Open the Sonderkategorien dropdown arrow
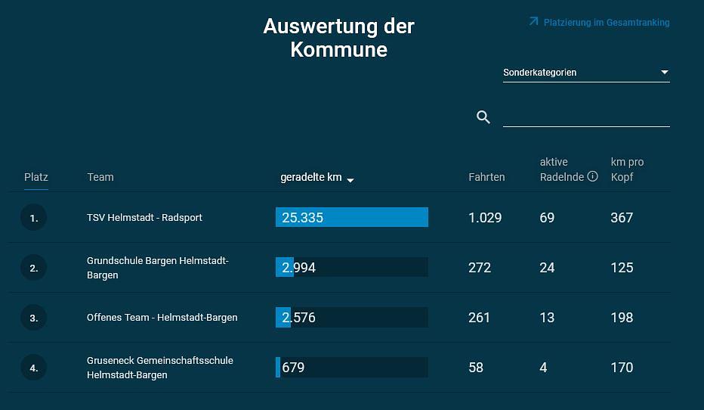click(665, 73)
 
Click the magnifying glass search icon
click(483, 117)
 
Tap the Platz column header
click(36, 177)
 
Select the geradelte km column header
click(311, 177)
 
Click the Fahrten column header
click(486, 177)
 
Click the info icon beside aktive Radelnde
click(592, 177)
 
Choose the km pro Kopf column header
click(627, 169)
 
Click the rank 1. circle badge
click(33, 218)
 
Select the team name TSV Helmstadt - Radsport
click(144, 218)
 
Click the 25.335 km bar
click(352, 218)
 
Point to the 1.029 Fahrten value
click(485, 218)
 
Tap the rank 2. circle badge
click(33, 268)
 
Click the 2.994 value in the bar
click(299, 268)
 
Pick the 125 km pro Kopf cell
click(622, 268)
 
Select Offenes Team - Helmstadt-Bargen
click(162, 318)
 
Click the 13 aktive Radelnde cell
click(547, 318)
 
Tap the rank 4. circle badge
click(33, 368)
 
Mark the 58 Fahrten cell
click(476, 368)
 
